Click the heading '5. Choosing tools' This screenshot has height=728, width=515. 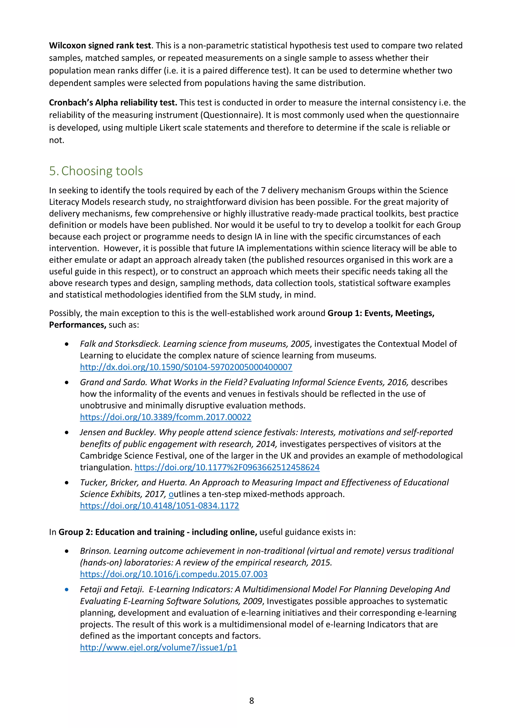click(96, 171)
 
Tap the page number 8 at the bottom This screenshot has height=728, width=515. click(252, 700)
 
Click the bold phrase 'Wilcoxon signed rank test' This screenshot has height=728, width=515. click(100, 46)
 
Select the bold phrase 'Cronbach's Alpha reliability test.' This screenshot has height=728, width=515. click(113, 103)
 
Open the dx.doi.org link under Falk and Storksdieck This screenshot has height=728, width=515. click(186, 367)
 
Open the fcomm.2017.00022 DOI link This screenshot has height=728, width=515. click(165, 417)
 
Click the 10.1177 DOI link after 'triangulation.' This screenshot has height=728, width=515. click(227, 467)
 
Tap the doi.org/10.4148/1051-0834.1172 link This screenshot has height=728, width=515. click(159, 505)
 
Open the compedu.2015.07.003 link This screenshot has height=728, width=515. click(174, 574)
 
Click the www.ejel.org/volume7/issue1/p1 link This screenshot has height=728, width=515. click(158, 647)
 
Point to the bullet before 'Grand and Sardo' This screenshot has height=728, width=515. click(67, 383)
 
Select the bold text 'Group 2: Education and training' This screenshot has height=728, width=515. click(121, 532)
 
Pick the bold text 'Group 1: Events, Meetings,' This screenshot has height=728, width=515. click(381, 313)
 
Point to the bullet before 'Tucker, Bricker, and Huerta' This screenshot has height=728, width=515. click(67, 483)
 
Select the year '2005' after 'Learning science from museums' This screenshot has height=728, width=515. click(300, 344)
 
